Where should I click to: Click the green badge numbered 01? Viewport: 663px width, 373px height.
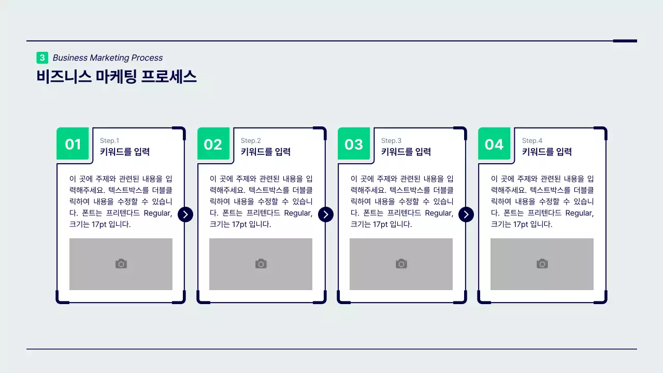[73, 144]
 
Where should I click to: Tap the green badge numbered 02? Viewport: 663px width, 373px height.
[213, 144]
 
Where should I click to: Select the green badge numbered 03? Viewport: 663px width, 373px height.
[354, 144]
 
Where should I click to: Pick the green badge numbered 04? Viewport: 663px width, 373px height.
[494, 144]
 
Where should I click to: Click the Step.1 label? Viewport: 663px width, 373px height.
[109, 140]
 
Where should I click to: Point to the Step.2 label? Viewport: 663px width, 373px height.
[251, 140]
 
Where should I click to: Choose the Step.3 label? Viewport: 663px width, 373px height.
[391, 140]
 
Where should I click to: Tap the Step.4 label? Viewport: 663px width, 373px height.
[532, 140]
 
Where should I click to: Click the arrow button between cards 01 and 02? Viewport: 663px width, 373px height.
[185, 214]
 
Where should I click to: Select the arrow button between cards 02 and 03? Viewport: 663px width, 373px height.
[326, 214]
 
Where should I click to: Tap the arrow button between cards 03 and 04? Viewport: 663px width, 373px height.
[466, 214]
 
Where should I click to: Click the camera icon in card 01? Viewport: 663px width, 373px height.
[121, 264]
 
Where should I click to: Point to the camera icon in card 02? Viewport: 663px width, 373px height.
[261, 264]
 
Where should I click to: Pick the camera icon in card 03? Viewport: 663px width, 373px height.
[401, 264]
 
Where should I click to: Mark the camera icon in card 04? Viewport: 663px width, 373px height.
[542, 264]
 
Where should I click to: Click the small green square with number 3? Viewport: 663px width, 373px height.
[42, 58]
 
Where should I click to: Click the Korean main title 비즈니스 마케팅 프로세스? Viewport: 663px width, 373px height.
[117, 77]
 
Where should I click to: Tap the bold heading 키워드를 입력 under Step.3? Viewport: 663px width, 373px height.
[406, 152]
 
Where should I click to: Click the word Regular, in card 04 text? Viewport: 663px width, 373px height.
[579, 213]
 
